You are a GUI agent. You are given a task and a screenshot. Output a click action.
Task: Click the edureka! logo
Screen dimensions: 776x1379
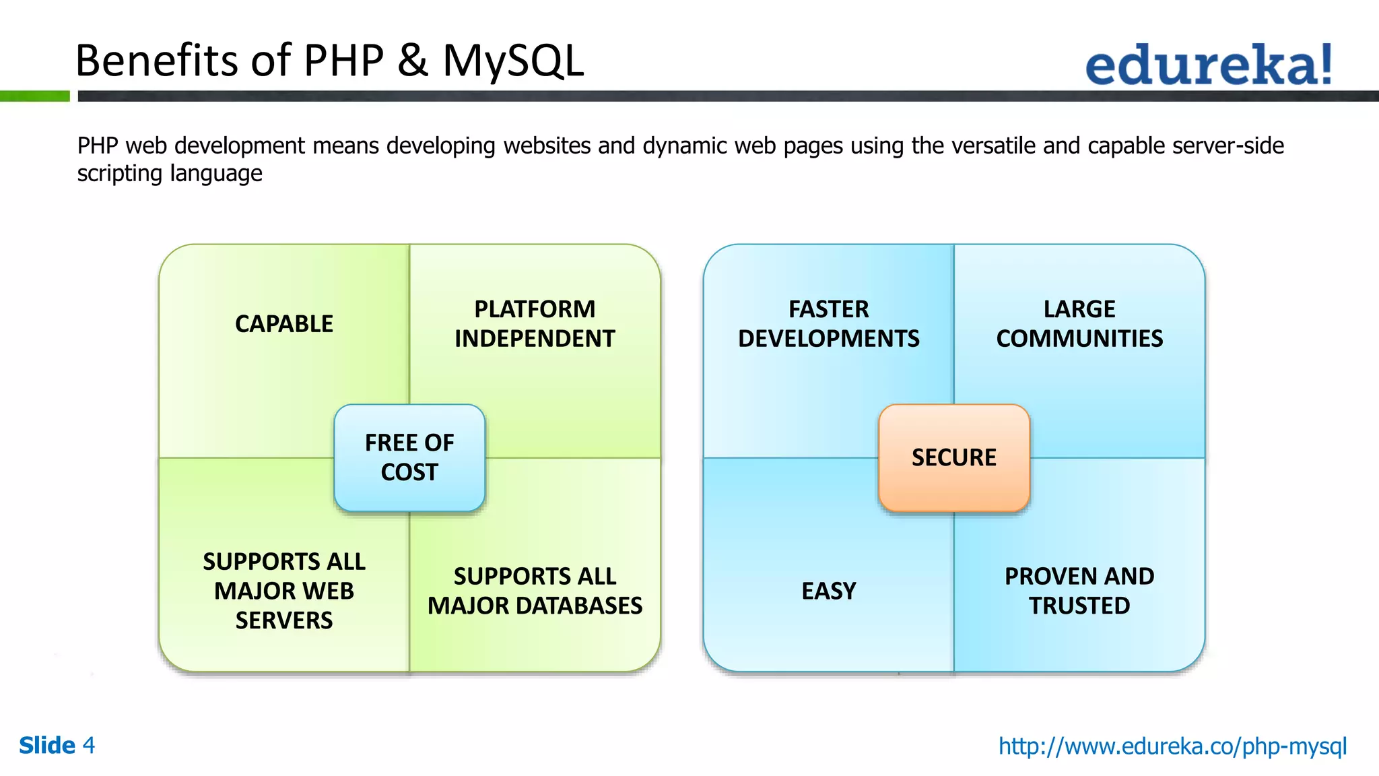click(1208, 65)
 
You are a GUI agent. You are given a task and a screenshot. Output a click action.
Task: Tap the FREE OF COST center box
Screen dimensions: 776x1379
click(409, 457)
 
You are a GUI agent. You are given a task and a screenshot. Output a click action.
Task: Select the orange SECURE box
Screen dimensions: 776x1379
click(953, 457)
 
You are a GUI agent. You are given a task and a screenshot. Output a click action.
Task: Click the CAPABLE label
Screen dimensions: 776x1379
click(283, 324)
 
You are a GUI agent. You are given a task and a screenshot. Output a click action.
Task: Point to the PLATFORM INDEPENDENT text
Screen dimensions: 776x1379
click(535, 324)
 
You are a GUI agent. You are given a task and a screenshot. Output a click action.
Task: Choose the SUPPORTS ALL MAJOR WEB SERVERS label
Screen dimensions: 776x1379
click(283, 591)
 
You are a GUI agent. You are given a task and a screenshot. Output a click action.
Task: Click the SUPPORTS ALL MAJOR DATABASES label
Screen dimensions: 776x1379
click(535, 591)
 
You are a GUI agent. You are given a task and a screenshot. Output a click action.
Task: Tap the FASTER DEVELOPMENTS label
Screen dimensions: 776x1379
click(828, 324)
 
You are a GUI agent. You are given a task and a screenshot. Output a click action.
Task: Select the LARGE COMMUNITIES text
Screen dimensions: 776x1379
click(1079, 324)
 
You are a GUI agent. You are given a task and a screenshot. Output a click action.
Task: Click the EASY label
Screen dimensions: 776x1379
click(828, 591)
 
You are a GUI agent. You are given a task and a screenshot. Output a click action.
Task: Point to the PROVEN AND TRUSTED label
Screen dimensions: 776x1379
click(1079, 591)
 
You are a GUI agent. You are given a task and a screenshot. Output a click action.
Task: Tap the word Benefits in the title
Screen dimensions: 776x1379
click(157, 61)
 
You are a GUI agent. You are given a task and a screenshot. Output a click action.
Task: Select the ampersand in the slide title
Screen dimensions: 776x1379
click(412, 61)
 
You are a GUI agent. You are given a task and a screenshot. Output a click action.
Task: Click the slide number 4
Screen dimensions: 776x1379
click(88, 746)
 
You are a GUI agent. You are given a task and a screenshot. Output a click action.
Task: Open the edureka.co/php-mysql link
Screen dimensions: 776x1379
click(1172, 746)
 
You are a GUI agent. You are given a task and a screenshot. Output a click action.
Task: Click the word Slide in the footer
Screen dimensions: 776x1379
click(47, 746)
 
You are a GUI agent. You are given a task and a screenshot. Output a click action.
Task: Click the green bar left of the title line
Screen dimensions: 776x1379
click(34, 96)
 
